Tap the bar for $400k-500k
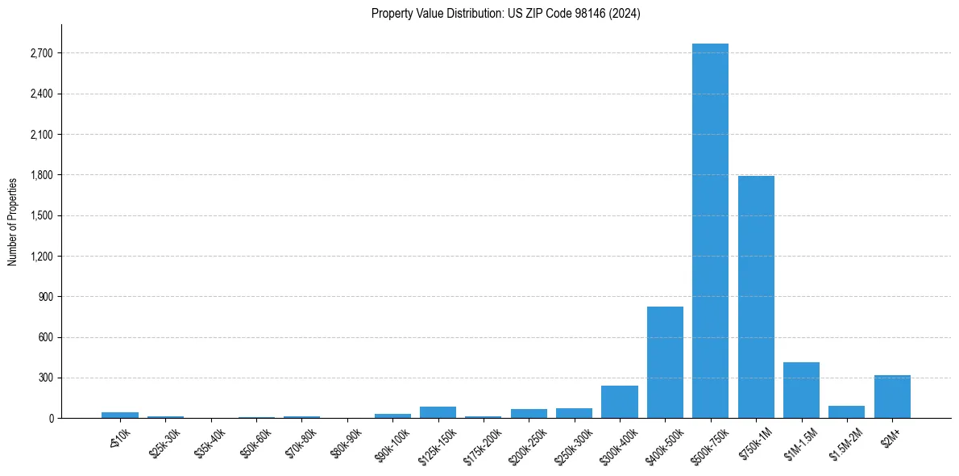(665, 362)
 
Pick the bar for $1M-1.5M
(801, 390)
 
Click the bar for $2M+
(892, 397)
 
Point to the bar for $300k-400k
(620, 402)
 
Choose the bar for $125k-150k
(438, 412)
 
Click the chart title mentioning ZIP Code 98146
(506, 14)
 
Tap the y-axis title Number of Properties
(13, 222)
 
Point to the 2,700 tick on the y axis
(42, 53)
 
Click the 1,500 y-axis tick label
(42, 215)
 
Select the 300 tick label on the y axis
(47, 378)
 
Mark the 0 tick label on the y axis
(51, 419)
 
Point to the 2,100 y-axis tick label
(42, 135)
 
